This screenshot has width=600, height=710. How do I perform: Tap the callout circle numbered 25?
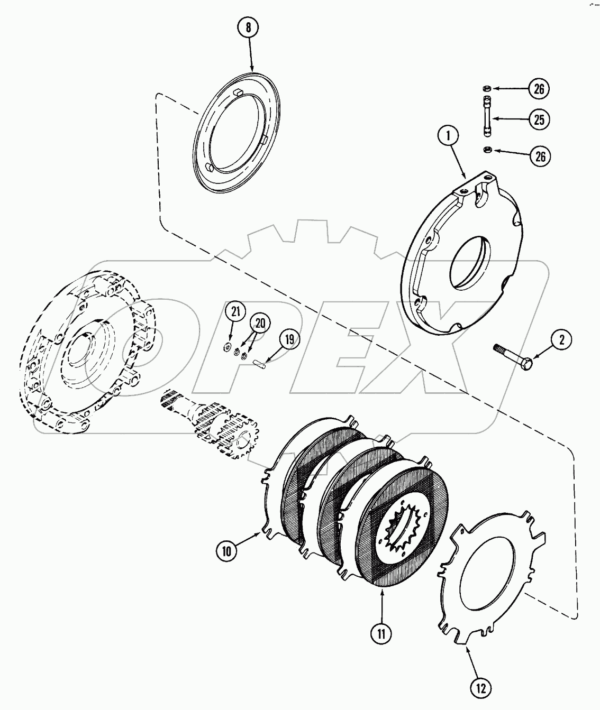point(538,119)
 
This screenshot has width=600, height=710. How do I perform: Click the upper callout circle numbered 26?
point(538,89)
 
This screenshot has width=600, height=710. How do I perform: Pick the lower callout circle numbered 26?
point(538,156)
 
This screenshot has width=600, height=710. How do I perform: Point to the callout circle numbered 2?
point(562,340)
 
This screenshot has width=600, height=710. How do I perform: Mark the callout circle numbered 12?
point(482,688)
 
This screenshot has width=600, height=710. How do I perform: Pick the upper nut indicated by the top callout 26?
point(485,88)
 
